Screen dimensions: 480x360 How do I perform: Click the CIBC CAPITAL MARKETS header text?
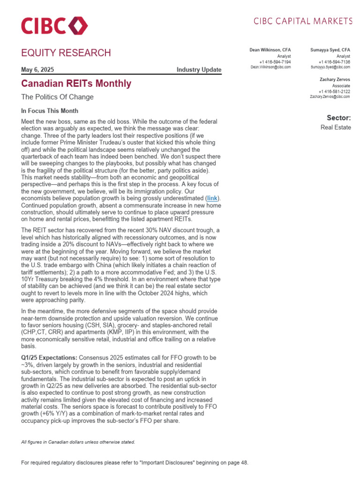click(303, 21)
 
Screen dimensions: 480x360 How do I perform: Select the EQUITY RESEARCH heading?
click(66, 53)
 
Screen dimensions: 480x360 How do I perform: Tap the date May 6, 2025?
click(37, 70)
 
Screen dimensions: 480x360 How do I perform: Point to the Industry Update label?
click(199, 70)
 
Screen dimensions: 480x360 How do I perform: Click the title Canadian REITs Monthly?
click(76, 84)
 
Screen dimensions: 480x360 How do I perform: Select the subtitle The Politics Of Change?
click(58, 97)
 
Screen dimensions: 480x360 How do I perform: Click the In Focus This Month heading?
click(50, 111)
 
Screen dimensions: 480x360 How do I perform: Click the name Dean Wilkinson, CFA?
click(270, 50)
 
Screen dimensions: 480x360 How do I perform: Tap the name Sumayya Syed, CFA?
click(330, 50)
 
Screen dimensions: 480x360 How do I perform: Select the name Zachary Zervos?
click(334, 80)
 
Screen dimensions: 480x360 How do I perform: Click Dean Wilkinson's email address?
click(270, 67)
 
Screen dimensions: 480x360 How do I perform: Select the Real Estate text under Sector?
click(336, 127)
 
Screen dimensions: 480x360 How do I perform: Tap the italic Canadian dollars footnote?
click(78, 442)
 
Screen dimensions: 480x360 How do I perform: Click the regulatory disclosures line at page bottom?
click(135, 463)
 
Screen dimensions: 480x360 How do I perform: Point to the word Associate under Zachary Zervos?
click(341, 86)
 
